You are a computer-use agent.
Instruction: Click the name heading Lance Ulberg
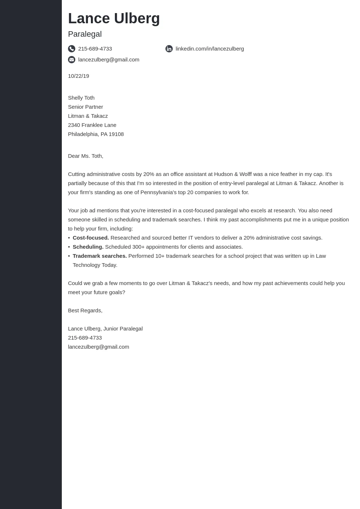pyautogui.click(x=114, y=19)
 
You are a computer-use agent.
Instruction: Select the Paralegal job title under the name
pyautogui.click(x=85, y=34)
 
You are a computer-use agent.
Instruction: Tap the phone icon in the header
pyautogui.click(x=72, y=49)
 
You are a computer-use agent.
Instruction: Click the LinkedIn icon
pyautogui.click(x=169, y=49)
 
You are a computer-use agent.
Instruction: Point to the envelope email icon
pyautogui.click(x=72, y=60)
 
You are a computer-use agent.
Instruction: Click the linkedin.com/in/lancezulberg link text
pyautogui.click(x=209, y=49)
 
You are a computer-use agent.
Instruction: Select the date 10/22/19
pyautogui.click(x=79, y=76)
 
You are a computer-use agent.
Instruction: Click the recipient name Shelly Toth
pyautogui.click(x=81, y=98)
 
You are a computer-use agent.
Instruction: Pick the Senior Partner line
pyautogui.click(x=85, y=107)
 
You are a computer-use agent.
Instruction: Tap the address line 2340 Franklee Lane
pyautogui.click(x=92, y=125)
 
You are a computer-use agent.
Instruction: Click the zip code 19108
pyautogui.click(x=116, y=134)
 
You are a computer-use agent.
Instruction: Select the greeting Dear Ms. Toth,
pyautogui.click(x=85, y=156)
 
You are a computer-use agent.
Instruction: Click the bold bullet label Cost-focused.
pyautogui.click(x=91, y=238)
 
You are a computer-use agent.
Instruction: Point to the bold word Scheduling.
pyautogui.click(x=88, y=247)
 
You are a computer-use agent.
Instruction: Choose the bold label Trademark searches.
pyautogui.click(x=100, y=256)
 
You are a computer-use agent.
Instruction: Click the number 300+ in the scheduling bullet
pyautogui.click(x=139, y=247)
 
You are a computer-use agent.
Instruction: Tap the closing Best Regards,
pyautogui.click(x=85, y=310)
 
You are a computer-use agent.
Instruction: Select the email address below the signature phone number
pyautogui.click(x=99, y=347)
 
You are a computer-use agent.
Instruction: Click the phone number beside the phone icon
pyautogui.click(x=95, y=49)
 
